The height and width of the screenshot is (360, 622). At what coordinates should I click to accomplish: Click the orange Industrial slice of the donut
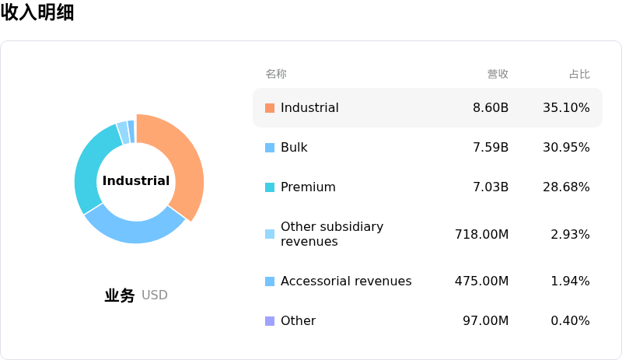[x=183, y=159]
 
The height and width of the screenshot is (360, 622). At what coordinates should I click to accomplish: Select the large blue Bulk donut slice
[x=135, y=229]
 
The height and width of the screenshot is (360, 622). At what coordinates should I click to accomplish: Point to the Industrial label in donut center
[x=136, y=180]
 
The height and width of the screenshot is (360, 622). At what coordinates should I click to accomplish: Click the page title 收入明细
[x=37, y=12]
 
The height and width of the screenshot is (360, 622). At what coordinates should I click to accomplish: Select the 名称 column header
[x=276, y=74]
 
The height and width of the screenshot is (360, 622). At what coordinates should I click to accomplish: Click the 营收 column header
[x=498, y=74]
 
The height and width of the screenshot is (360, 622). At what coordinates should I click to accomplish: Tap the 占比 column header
[x=579, y=74]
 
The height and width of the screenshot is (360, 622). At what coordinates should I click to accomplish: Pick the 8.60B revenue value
[x=491, y=107]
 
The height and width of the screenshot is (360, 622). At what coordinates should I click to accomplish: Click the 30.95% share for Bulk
[x=566, y=147]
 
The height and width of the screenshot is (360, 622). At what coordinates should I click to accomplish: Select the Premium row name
[x=308, y=187]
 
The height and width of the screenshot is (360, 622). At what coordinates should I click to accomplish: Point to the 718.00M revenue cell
[x=481, y=234]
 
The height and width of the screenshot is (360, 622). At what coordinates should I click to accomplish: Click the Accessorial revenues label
[x=346, y=281]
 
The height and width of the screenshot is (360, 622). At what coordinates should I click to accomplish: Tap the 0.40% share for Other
[x=570, y=320]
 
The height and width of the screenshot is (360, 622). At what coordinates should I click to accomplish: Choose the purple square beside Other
[x=270, y=320]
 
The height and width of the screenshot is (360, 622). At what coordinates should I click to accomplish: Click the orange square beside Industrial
[x=270, y=108]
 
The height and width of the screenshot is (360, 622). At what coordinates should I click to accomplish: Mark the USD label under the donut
[x=155, y=295]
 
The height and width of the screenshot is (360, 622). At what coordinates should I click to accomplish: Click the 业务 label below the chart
[x=120, y=295]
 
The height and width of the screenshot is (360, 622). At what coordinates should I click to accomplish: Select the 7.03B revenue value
[x=491, y=187]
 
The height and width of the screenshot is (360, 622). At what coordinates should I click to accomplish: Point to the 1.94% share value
[x=570, y=281]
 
